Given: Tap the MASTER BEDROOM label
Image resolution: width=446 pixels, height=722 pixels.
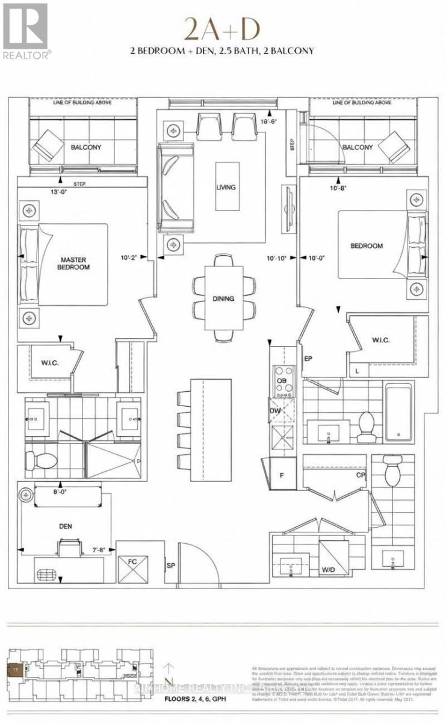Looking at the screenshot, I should [74, 263].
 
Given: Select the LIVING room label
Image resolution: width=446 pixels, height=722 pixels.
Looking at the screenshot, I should [226, 187].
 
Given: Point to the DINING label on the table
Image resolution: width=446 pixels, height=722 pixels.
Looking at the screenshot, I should [223, 298].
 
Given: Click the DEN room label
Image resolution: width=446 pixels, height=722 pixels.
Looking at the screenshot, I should [66, 526].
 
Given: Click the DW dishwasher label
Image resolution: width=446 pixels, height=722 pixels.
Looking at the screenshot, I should [274, 410].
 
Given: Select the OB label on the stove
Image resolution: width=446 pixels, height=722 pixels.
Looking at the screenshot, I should [280, 381].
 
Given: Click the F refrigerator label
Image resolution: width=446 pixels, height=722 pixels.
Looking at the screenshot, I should [282, 474].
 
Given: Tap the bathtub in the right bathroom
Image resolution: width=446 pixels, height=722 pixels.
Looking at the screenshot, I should [398, 412].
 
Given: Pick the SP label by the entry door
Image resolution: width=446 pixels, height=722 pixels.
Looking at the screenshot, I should [172, 566].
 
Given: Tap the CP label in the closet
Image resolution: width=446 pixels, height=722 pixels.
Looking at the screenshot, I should [360, 474].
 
